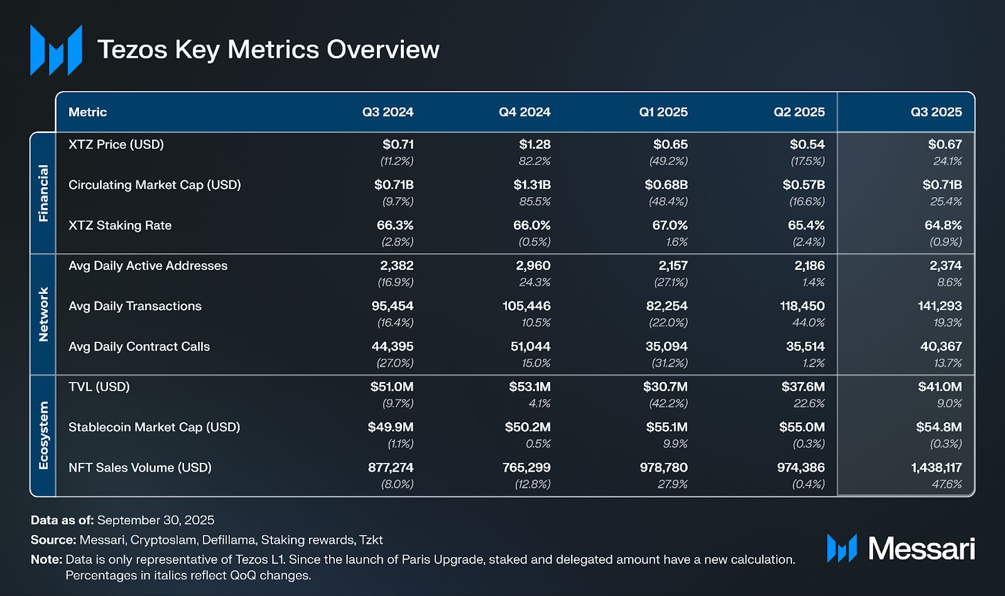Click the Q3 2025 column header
(936, 112)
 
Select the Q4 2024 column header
(524, 112)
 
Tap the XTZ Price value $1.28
(535, 144)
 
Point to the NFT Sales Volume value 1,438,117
(936, 467)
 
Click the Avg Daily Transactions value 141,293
(940, 306)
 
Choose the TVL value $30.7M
(665, 387)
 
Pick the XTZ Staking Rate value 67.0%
(670, 225)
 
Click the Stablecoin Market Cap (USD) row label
(155, 427)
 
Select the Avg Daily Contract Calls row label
(139, 347)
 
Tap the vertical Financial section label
(43, 193)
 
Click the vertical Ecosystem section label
(43, 435)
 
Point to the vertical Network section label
(43, 314)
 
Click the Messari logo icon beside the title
(56, 50)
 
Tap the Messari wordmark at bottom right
(921, 549)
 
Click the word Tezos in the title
(133, 50)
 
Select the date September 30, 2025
(156, 520)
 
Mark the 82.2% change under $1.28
(535, 161)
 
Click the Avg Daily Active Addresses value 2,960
(533, 266)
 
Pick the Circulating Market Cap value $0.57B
(803, 185)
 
